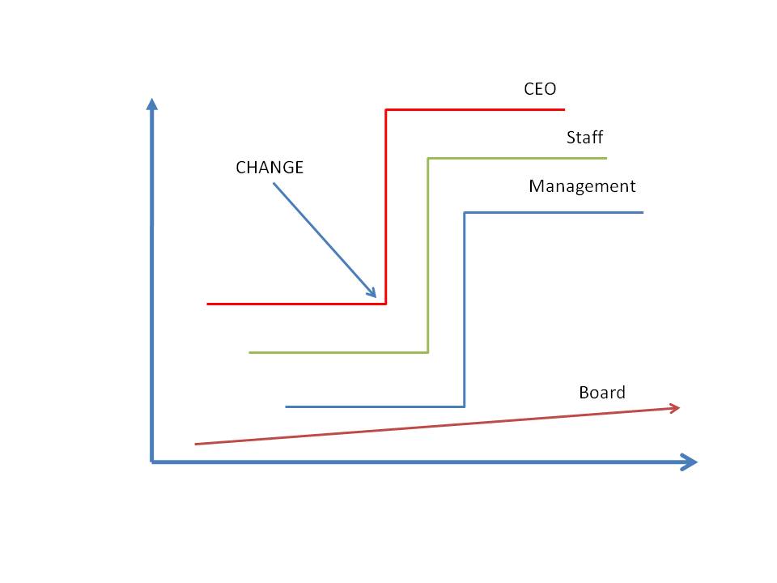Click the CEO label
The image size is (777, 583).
point(540,89)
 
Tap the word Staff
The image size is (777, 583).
point(584,138)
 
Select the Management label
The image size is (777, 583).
point(582,186)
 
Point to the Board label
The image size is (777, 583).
point(602,393)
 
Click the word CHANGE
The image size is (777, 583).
point(270,168)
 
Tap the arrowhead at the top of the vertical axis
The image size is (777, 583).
point(151,104)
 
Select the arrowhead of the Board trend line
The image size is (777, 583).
point(673,408)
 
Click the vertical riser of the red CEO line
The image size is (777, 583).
point(386,206)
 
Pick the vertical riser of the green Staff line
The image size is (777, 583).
point(428,255)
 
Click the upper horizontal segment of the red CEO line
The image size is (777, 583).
point(475,109)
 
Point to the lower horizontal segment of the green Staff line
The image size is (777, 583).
point(338,352)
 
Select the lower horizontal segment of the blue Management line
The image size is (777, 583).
point(375,406)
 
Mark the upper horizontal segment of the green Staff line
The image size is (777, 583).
point(517,158)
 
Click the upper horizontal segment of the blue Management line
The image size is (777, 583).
point(554,212)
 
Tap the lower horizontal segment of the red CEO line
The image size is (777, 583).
point(296,304)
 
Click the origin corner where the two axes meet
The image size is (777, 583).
point(152,462)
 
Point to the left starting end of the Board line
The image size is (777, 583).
point(197,444)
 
